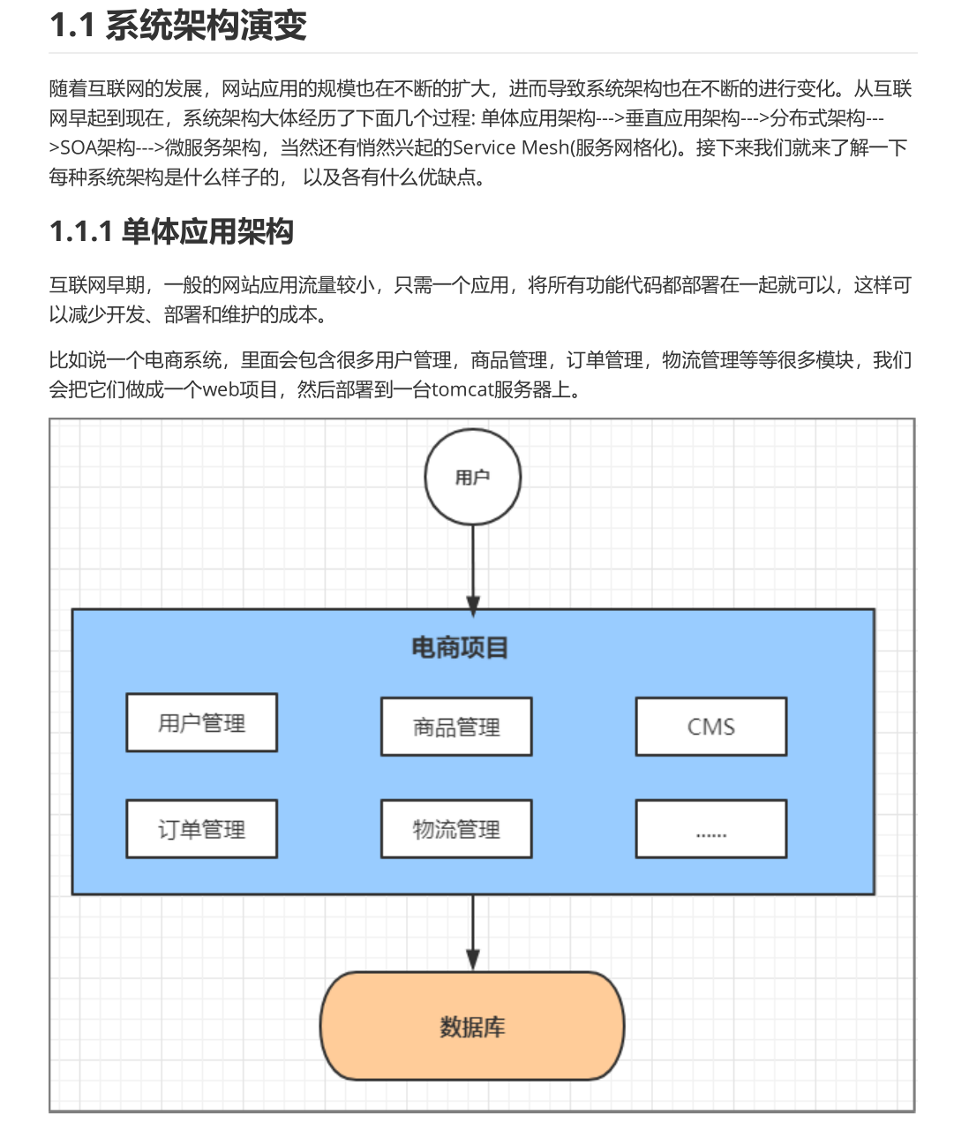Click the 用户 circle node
click(473, 478)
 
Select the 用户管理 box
click(202, 723)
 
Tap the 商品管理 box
click(456, 727)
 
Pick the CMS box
click(710, 727)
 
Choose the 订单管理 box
click(202, 829)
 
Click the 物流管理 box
click(456, 829)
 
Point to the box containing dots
click(710, 829)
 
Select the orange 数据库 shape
click(472, 1027)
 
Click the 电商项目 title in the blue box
click(460, 648)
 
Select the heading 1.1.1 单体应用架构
click(171, 232)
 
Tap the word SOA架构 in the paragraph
click(97, 147)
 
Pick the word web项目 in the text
click(241, 389)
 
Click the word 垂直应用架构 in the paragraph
click(682, 118)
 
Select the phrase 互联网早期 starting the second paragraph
click(97, 285)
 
